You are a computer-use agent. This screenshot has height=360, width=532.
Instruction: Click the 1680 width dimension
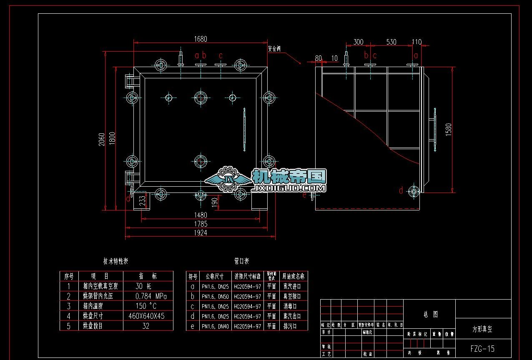pyautogui.click(x=200, y=39)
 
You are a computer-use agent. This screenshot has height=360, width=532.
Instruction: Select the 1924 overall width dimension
pyautogui.click(x=200, y=233)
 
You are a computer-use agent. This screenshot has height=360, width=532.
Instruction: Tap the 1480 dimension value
pyautogui.click(x=200, y=215)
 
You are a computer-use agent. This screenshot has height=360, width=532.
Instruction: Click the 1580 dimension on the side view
pyautogui.click(x=449, y=130)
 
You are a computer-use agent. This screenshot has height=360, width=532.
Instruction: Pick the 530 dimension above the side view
pyautogui.click(x=391, y=42)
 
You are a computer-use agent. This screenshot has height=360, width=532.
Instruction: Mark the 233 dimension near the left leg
pyautogui.click(x=142, y=201)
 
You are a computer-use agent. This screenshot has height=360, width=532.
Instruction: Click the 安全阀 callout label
pyautogui.click(x=274, y=49)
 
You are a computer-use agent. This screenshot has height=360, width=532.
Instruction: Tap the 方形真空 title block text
pyautogui.click(x=482, y=329)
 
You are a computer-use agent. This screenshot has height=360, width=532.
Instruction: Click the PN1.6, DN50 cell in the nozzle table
pyautogui.click(x=215, y=296)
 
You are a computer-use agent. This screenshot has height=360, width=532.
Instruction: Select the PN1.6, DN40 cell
pyautogui.click(x=215, y=326)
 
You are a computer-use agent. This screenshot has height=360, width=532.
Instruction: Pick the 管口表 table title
pyautogui.click(x=241, y=261)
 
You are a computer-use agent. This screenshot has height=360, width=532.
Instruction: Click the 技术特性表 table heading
pyautogui.click(x=115, y=261)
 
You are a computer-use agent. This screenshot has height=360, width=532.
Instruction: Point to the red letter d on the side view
pyautogui.click(x=401, y=191)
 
